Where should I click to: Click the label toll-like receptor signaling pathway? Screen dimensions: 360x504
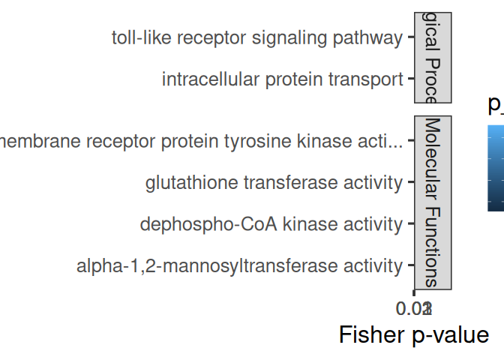[x=256, y=38]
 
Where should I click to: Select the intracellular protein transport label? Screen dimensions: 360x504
[x=282, y=79]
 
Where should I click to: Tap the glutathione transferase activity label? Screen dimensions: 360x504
[x=274, y=182]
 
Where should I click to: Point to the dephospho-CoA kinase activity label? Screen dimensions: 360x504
[x=271, y=224]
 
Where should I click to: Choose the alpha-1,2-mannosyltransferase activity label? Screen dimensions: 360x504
[x=239, y=265]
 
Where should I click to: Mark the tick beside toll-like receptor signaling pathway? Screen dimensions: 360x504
[x=410, y=38]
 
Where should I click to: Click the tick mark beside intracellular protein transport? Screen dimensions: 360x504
[x=410, y=79]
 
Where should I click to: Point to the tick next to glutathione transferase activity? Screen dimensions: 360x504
[x=410, y=182]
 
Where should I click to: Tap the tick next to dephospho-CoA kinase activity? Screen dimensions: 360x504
[x=410, y=224]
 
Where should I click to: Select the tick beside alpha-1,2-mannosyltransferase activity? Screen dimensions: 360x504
[x=410, y=265]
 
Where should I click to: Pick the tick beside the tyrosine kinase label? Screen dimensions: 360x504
[x=410, y=141]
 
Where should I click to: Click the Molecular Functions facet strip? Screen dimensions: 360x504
[x=432, y=202]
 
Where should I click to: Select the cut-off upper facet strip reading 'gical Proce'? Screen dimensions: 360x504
[x=432, y=57]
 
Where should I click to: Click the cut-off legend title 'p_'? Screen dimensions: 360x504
[x=496, y=105]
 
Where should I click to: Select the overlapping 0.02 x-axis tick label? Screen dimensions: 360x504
[x=414, y=307]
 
